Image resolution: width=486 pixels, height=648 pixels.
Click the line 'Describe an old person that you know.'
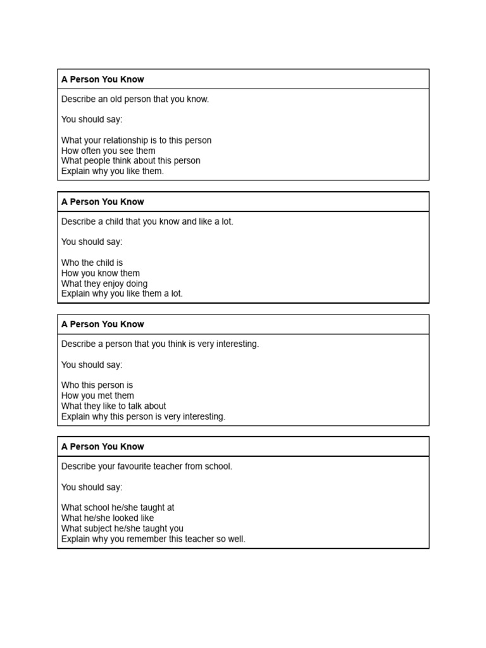point(135,99)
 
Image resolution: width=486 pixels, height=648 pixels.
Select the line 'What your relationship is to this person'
point(136,140)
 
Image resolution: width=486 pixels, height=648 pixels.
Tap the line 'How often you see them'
point(108,151)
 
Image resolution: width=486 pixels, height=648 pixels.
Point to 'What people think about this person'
point(130,161)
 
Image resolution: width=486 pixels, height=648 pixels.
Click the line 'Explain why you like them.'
point(112,171)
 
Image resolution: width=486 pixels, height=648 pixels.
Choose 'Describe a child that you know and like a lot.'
point(147,221)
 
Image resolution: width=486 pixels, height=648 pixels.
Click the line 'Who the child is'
point(92,263)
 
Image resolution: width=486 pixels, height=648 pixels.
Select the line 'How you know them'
point(100,273)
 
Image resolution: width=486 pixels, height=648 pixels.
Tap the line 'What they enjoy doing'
point(104,283)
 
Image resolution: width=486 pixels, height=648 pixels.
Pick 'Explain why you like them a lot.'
point(121,294)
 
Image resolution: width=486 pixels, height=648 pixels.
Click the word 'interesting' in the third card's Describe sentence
point(236,344)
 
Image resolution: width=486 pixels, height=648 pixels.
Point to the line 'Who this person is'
point(97,385)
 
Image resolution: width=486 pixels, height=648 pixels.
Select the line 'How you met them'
point(97,396)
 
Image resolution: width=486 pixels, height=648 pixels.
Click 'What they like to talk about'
point(113,406)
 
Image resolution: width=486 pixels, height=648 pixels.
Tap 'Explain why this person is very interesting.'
point(143,416)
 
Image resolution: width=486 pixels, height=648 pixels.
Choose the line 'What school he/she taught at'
point(118,508)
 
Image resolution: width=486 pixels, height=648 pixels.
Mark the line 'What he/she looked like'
point(107,518)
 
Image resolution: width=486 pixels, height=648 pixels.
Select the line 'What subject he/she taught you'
point(122,528)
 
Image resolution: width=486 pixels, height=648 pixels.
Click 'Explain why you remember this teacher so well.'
point(153,539)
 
